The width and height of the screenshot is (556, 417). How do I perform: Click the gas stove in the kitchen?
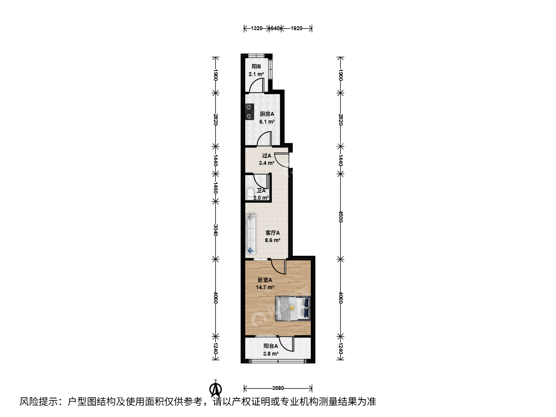250,112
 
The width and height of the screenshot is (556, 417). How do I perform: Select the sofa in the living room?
251,234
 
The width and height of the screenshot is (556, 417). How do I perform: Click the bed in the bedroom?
293,309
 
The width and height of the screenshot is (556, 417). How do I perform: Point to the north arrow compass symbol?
215,389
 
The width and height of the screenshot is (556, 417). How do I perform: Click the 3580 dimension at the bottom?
278,388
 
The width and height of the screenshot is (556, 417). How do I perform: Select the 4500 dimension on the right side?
341,217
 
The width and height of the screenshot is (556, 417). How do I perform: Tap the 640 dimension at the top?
275,28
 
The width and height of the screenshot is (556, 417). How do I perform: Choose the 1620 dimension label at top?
297,28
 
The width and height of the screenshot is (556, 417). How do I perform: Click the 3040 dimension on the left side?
215,230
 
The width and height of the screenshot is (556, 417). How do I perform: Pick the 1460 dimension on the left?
215,188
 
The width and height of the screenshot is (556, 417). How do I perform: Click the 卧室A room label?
265,280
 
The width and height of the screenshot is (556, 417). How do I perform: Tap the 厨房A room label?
267,114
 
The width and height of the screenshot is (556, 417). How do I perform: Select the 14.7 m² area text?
265,287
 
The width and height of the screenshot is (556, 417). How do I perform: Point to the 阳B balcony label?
256,66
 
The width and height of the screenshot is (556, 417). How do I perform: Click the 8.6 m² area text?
273,240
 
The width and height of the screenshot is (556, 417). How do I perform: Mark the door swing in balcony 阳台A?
286,344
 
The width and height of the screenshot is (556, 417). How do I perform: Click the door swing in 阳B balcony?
256,85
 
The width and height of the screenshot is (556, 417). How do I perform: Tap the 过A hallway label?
266,156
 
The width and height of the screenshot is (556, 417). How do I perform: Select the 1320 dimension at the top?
257,28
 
